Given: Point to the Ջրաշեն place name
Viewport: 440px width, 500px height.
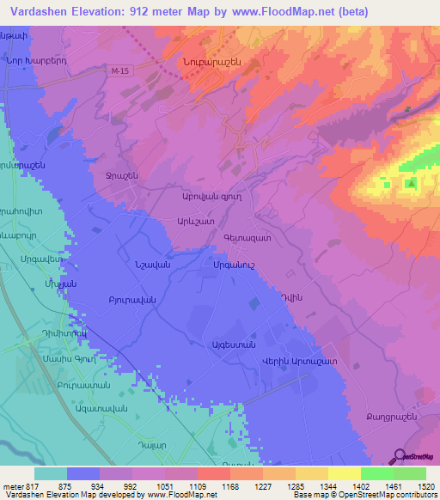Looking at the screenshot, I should click(122, 175).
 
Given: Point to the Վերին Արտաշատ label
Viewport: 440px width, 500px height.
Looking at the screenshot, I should click(299, 363).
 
